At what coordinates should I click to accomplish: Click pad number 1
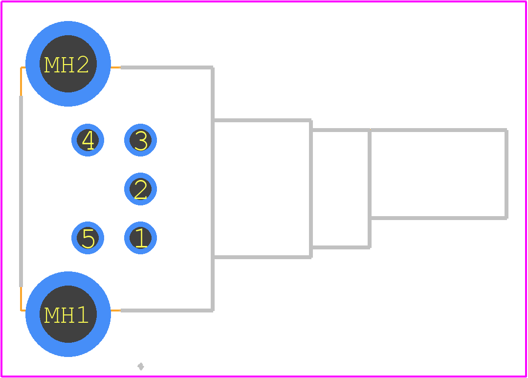click(140, 238)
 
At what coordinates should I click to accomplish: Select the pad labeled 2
click(140, 189)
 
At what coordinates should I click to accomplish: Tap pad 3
click(140, 140)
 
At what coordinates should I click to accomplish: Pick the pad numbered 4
click(88, 140)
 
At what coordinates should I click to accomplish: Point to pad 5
click(88, 238)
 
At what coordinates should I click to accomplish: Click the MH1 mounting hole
click(68, 314)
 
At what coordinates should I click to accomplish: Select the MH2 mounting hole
click(68, 64)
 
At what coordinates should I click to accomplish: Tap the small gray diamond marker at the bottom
click(141, 366)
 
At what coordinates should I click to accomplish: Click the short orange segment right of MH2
click(115, 67)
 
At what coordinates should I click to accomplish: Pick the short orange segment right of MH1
click(115, 311)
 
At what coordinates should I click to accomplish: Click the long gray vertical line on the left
click(21, 191)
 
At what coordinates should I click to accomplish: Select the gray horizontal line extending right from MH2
click(167, 67)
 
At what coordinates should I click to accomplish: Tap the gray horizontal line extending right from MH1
click(167, 311)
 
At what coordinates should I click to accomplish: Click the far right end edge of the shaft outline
click(506, 174)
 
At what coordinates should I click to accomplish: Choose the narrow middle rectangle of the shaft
click(340, 130)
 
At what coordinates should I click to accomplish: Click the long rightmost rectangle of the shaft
click(438, 130)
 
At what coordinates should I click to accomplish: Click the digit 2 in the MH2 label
click(83, 65)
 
